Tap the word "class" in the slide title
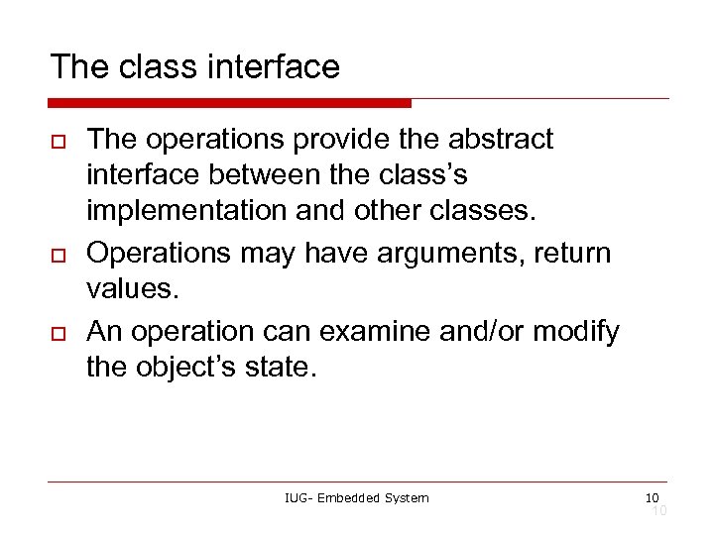[155, 66]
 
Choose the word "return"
[572, 254]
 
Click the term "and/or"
[475, 330]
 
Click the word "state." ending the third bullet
[286, 368]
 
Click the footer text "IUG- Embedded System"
[356, 497]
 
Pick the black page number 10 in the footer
[652, 496]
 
